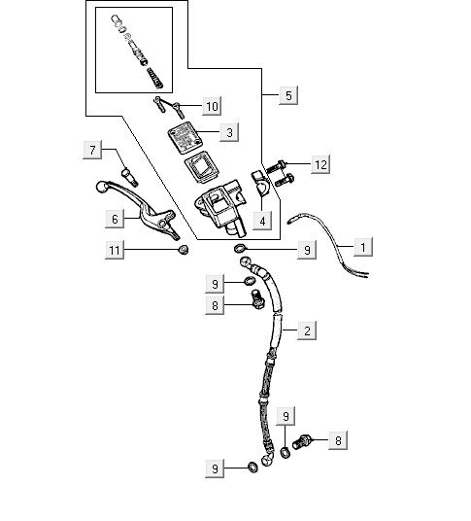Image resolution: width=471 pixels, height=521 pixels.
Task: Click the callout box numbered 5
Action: coord(288,95)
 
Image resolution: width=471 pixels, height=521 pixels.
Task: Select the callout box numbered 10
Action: coord(212,106)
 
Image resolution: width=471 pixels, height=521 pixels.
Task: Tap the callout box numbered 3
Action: coord(229,132)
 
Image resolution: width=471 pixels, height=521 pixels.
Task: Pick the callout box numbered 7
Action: coord(92,150)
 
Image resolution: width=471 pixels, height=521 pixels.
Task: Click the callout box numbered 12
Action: coord(320,164)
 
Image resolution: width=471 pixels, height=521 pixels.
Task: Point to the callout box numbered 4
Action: coord(262,221)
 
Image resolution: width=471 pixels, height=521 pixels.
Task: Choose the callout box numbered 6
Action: coord(115,219)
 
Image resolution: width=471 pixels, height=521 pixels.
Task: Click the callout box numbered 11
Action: coord(115,250)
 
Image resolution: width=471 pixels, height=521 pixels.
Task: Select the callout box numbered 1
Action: coord(363,247)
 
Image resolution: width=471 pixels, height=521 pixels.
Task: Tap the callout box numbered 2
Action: coord(307,330)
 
